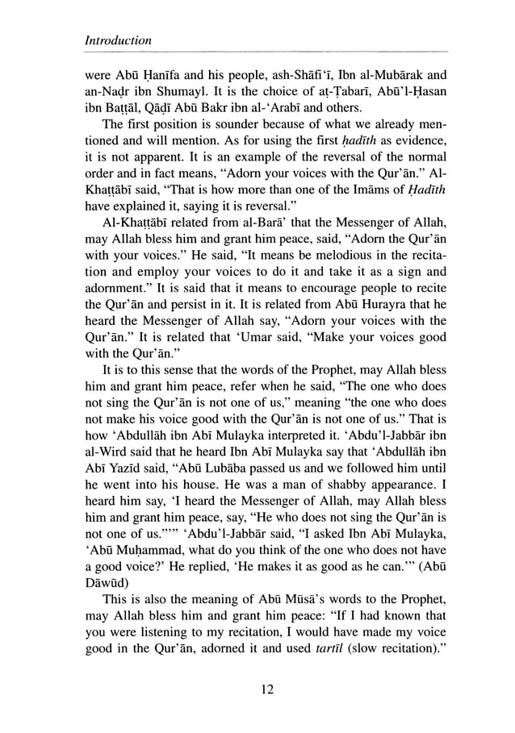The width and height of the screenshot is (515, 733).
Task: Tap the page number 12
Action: [x=258, y=687]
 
